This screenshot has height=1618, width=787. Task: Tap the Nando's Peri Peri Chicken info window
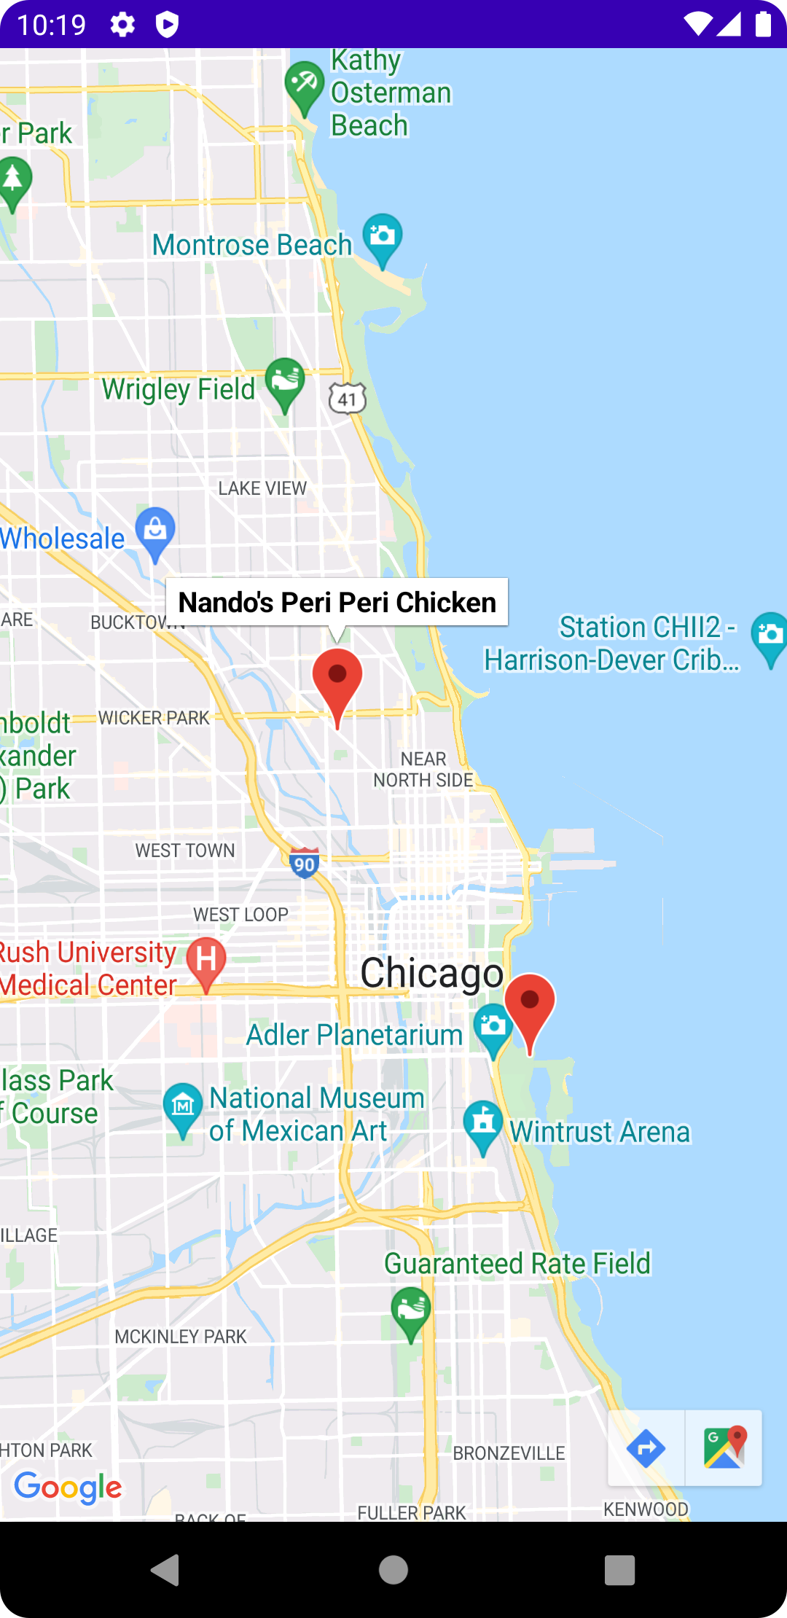pos(337,602)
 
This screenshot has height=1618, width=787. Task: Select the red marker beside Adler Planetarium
pos(530,1006)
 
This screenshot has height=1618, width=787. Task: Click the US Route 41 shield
pos(348,399)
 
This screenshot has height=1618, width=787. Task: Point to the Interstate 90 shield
pos(304,863)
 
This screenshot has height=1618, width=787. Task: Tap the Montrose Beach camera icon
pos(383,236)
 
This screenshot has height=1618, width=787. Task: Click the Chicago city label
pos(432,973)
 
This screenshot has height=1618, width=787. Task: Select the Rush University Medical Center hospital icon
pos(206,960)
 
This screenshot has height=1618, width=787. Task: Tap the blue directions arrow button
pos(646,1448)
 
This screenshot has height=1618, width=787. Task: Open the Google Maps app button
pos(724,1448)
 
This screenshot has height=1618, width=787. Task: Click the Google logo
pos(68,1488)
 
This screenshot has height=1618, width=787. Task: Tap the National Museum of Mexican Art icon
pos(182,1106)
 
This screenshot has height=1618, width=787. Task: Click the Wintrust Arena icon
pos(483,1124)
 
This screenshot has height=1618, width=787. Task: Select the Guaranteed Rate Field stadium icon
pos(411,1310)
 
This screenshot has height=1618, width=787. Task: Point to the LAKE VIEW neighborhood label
pos(262,488)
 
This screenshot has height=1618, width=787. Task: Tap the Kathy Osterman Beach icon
pos(304,85)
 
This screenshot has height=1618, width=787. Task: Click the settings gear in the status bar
pos(122,25)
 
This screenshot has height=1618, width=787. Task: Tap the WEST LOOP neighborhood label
pos(240,915)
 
